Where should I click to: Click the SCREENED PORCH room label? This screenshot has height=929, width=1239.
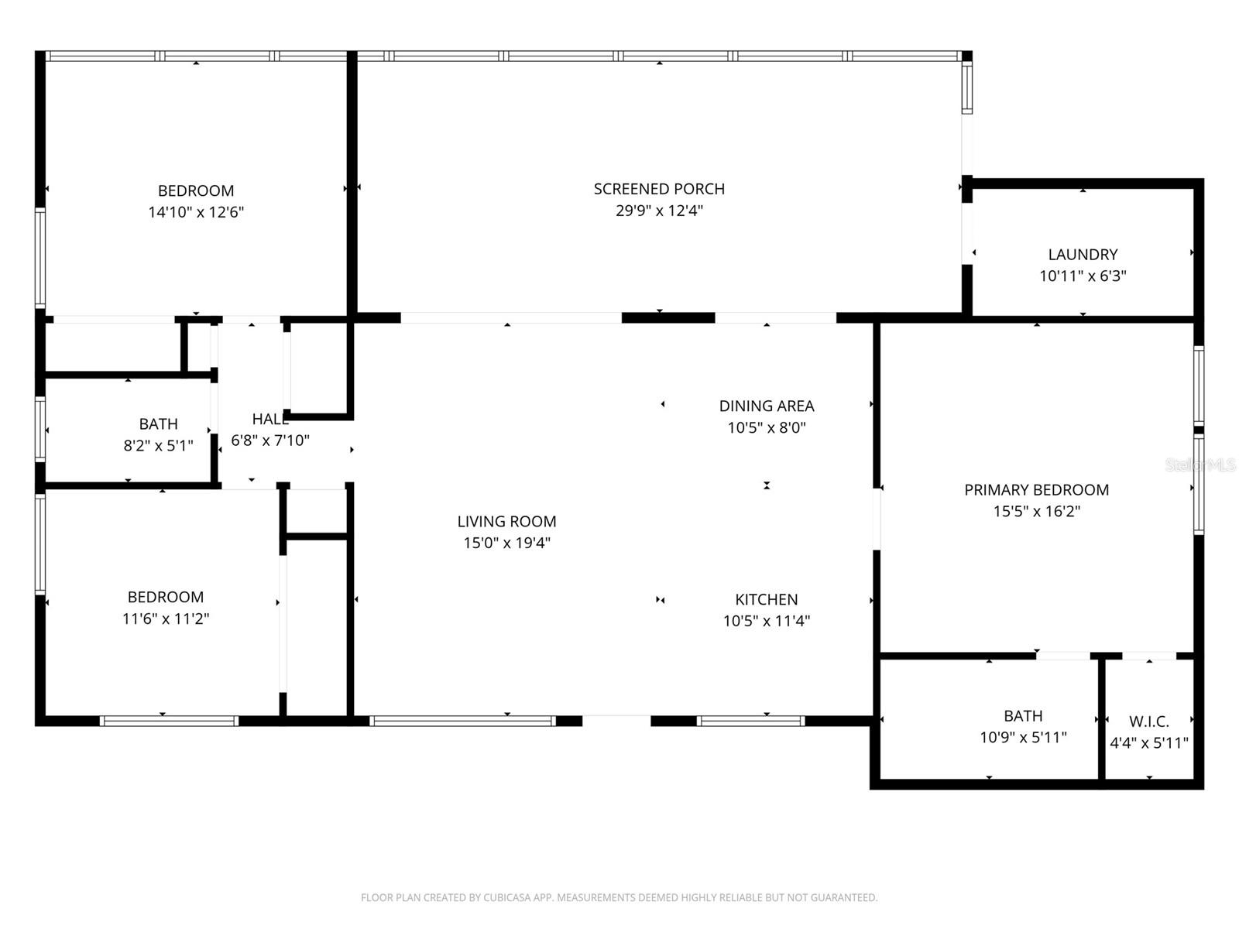coord(659,189)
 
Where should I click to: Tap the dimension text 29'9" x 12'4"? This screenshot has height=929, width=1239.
coord(659,211)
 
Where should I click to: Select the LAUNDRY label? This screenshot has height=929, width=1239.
coord(1083,255)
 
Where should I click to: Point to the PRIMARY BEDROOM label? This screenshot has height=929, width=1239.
coord(1036,490)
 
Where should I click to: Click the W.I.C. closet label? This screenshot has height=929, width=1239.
coord(1148,722)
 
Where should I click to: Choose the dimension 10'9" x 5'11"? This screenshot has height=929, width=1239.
coord(1023,738)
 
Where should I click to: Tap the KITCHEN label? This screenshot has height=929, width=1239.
coord(766,599)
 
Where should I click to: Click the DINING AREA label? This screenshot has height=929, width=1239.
coord(766,406)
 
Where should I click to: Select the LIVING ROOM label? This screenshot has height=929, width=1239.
coord(506,522)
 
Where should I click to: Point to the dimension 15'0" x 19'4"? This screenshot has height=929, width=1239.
coord(506,543)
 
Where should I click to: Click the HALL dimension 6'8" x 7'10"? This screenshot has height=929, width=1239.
coord(270,441)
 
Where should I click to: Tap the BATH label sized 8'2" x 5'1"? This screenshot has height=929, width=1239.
coord(158,424)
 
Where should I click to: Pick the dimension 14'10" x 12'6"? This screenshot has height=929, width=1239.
coord(196,212)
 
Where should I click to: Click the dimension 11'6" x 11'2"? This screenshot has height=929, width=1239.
coord(166,619)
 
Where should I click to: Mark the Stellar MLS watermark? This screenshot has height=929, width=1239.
coord(1200,464)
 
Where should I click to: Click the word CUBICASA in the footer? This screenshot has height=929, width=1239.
coord(507,898)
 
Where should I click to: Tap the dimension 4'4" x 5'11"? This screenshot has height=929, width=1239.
coord(1148,743)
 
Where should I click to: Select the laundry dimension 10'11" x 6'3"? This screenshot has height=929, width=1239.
coord(1083,276)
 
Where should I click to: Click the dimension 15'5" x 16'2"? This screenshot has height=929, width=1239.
coord(1036,512)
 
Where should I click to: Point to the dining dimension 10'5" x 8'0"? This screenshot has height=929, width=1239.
coord(766,427)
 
